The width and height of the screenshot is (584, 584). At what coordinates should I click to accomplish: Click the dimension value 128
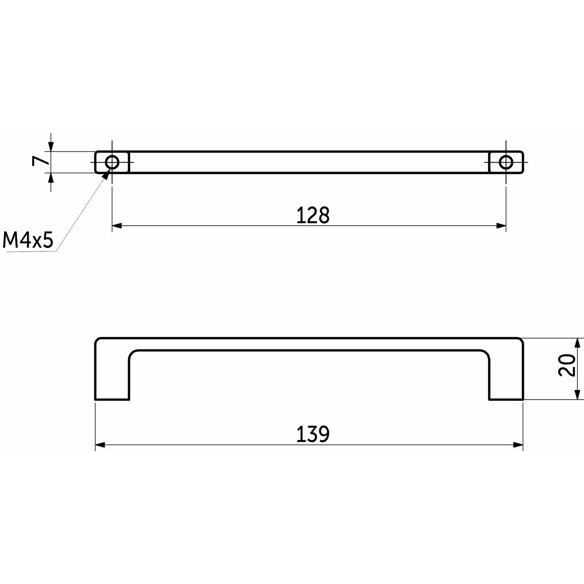pyautogui.click(x=312, y=215)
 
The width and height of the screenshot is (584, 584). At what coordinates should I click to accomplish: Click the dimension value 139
pyautogui.click(x=312, y=434)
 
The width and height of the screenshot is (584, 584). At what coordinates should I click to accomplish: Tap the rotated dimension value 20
pyautogui.click(x=566, y=365)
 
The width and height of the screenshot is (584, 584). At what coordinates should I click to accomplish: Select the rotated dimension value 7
pyautogui.click(x=40, y=161)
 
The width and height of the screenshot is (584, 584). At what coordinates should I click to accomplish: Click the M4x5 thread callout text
pyautogui.click(x=28, y=240)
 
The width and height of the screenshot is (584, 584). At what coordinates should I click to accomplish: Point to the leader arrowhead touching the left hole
pyautogui.click(x=107, y=174)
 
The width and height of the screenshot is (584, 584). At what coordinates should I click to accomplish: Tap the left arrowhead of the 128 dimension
pyautogui.click(x=117, y=226)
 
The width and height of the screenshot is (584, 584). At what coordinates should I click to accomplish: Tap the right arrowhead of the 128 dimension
pyautogui.click(x=501, y=226)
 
